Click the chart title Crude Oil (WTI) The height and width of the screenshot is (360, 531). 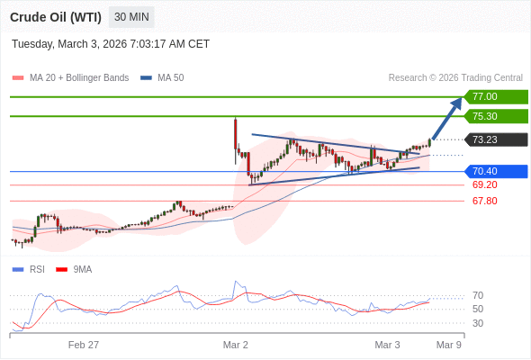[x=56, y=17]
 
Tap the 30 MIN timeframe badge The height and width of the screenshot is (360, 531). [x=131, y=17]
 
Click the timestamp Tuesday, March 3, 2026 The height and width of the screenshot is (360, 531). [x=111, y=43]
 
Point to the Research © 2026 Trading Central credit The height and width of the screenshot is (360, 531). [x=455, y=77]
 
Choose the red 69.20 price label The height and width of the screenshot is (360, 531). [x=485, y=184]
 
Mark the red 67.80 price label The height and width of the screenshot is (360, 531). [x=485, y=201]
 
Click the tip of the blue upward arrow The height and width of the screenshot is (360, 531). [x=461, y=99]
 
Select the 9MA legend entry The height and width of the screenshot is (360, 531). [x=82, y=269]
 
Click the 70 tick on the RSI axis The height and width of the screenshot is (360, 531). [x=478, y=295]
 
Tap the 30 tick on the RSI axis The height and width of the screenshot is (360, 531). [x=478, y=323]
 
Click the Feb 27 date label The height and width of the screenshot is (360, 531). [x=84, y=345]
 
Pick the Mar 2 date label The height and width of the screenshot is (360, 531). [x=236, y=345]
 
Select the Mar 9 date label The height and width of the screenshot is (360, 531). [x=449, y=345]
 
